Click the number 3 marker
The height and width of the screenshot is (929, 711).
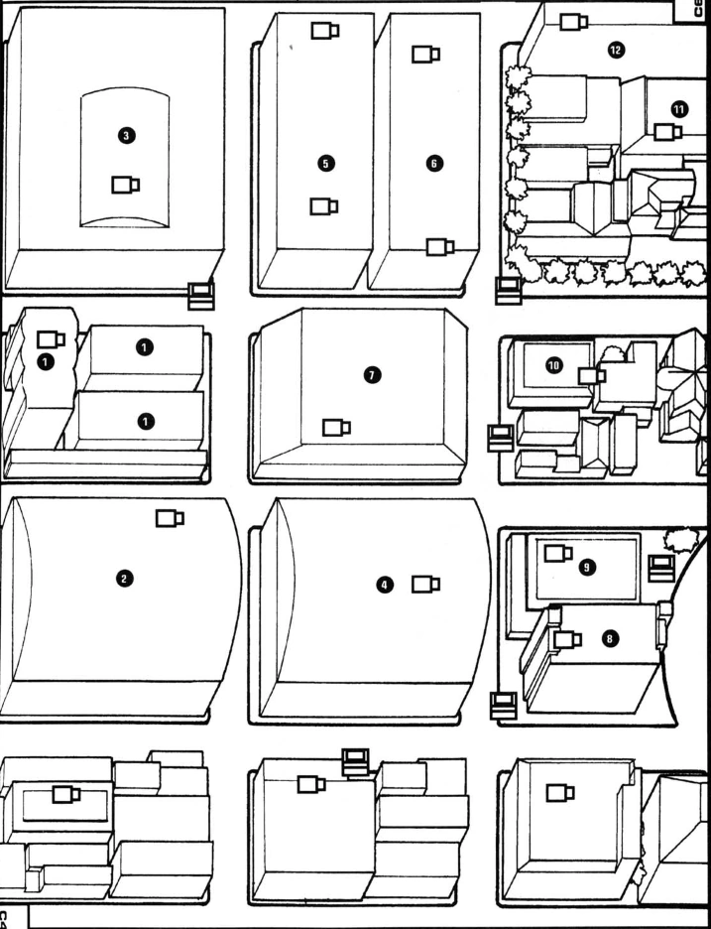tap(126, 134)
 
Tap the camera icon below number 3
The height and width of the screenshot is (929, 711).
tap(125, 184)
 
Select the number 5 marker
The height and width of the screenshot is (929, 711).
tap(327, 161)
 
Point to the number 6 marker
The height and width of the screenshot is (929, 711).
tap(433, 162)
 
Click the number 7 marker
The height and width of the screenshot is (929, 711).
tap(372, 374)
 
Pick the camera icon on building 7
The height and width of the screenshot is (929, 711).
tap(336, 427)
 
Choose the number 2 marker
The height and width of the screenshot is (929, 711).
tap(125, 577)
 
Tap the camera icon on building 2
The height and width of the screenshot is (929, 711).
tap(170, 517)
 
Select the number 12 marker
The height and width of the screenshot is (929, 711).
tap(616, 50)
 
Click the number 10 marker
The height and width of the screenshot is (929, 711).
tap(553, 365)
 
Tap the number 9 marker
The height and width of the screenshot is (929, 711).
tap(587, 566)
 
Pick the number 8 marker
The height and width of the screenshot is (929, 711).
tap(609, 639)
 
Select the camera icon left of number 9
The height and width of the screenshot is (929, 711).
tap(558, 553)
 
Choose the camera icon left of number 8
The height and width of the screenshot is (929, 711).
tap(568, 640)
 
